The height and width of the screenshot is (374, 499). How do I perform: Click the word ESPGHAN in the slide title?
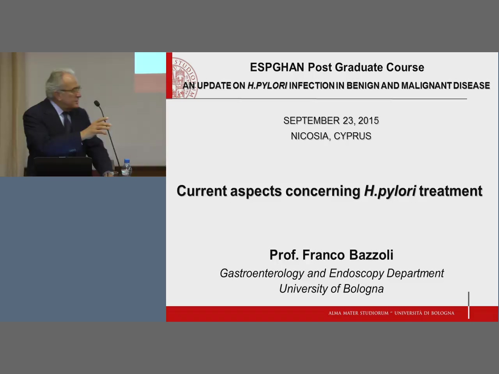(x=277, y=67)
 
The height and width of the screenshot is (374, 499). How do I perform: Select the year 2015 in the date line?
(x=368, y=121)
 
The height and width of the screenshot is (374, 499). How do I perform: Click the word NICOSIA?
(x=310, y=136)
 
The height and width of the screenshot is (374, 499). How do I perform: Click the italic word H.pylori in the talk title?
(x=390, y=191)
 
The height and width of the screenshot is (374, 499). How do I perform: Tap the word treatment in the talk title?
(x=451, y=191)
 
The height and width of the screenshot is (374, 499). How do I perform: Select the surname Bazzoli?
(x=371, y=255)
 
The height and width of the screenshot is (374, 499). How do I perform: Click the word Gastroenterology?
(x=262, y=273)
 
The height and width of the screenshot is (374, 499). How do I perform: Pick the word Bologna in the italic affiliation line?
(x=363, y=289)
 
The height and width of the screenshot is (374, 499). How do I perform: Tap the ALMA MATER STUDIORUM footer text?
(x=358, y=313)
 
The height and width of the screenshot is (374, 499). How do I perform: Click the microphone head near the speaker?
(x=97, y=104)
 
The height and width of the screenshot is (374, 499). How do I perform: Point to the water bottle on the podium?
(x=126, y=168)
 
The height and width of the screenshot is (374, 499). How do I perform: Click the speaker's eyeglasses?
(x=72, y=90)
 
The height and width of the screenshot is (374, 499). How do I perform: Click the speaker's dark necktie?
(x=67, y=122)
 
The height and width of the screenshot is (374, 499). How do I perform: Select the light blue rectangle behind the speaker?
(x=150, y=63)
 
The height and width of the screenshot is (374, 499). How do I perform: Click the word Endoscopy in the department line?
(x=356, y=273)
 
